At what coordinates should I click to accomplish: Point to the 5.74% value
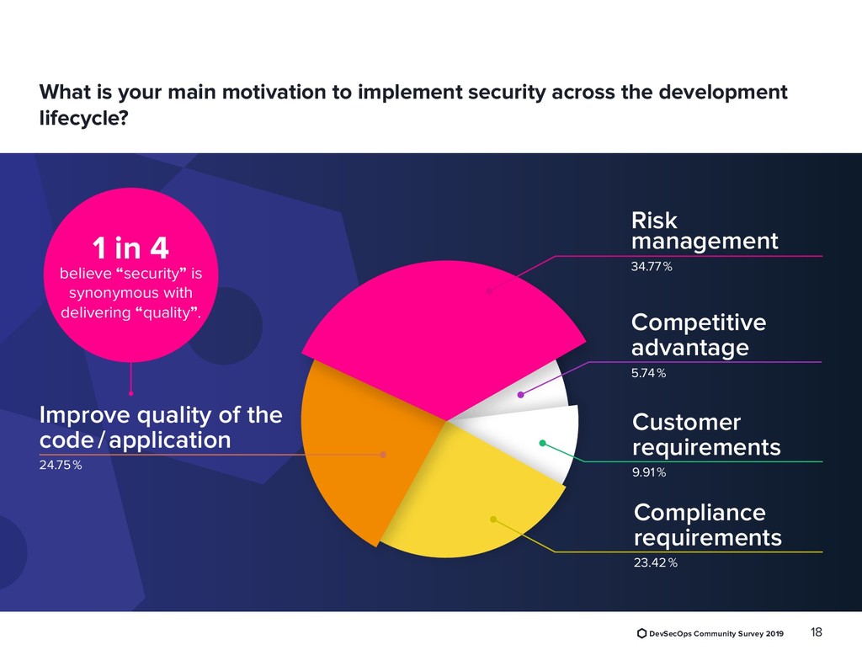point(648,373)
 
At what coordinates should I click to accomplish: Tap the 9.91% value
point(649,472)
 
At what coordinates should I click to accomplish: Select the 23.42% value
point(655,563)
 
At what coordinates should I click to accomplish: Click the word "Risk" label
point(654,221)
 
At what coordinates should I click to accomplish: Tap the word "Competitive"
point(698,323)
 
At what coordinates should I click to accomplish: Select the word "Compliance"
point(700,513)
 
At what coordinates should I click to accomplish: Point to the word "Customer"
point(686,422)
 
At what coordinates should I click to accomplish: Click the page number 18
point(815,633)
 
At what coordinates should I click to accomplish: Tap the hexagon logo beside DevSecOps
point(641,633)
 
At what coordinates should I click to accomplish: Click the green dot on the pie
point(542,443)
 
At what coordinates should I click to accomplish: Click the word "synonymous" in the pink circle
point(130,293)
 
